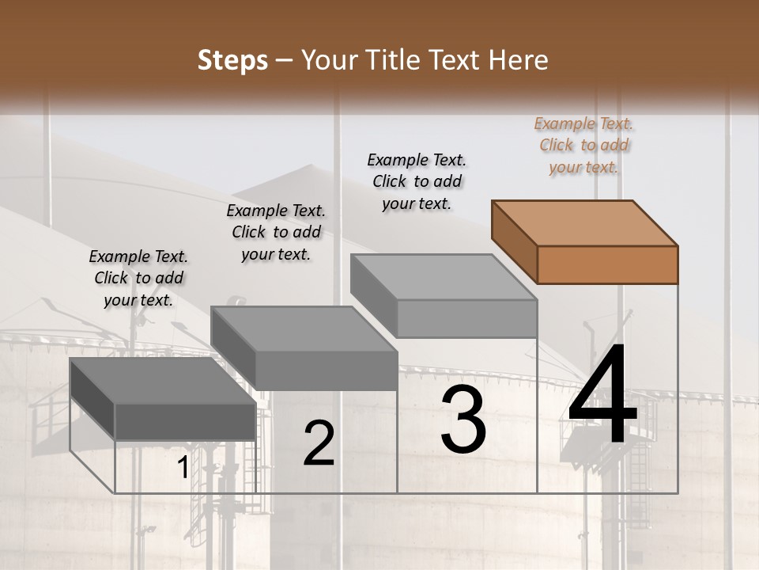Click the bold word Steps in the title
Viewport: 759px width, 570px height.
232,60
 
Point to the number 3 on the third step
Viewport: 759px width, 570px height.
463,420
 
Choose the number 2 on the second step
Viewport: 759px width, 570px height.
319,443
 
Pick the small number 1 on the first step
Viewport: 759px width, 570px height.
183,468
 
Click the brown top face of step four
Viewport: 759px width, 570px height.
584,223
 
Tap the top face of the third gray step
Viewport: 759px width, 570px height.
444,277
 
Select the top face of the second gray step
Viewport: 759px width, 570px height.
304,329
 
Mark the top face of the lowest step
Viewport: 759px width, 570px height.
163,381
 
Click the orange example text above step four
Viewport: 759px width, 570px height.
583,145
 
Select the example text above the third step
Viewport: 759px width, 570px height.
417,181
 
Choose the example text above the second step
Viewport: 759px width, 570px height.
276,232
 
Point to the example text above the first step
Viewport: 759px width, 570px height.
138,278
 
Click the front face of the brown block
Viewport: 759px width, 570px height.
607,264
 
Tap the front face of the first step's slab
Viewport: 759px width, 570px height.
185,420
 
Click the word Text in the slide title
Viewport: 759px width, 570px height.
458,60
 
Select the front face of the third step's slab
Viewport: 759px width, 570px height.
466,318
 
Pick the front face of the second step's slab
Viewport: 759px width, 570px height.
326,370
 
